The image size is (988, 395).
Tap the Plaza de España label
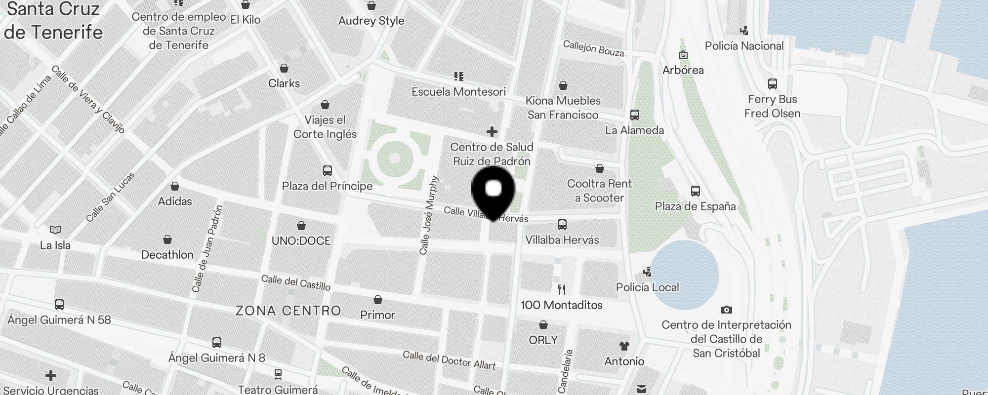[695, 206]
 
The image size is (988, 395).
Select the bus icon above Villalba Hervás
[562, 225]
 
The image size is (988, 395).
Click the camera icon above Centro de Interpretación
[726, 310]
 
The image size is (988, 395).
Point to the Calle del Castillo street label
[295, 282]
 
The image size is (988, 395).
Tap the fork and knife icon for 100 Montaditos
[561, 289]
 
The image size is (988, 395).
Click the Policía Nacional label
[744, 46]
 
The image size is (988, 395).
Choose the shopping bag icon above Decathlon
[167, 239]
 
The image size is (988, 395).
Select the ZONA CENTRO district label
[288, 311]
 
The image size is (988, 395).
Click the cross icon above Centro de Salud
[492, 132]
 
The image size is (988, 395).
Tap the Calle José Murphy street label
[428, 215]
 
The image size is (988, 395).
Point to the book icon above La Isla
[55, 230]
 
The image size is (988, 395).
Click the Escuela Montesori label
[458, 92]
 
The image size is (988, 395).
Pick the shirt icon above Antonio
[624, 346]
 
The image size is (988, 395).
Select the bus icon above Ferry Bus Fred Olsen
[773, 84]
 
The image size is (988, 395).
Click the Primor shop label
[377, 315]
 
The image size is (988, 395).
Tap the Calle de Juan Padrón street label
[207, 248]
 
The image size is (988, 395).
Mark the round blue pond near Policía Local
[684, 275]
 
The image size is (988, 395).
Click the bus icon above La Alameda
[635, 115]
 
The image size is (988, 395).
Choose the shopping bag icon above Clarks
[284, 68]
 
